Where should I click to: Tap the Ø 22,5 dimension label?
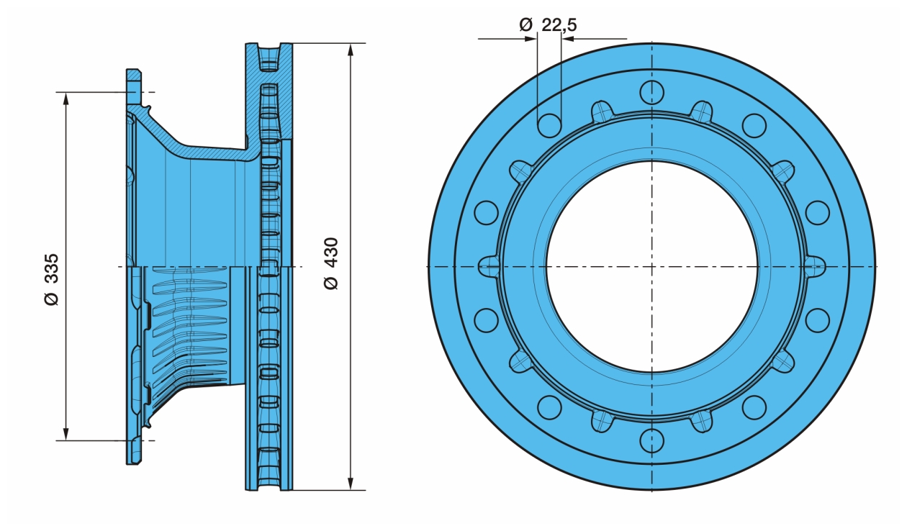(548, 25)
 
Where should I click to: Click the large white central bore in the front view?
(651, 266)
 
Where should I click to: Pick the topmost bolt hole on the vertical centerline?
(651, 92)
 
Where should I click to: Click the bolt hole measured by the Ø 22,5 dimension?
(549, 125)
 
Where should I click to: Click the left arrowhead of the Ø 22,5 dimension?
(532, 39)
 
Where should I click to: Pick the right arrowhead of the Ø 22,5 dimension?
(567, 39)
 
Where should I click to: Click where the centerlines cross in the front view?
(651, 266)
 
